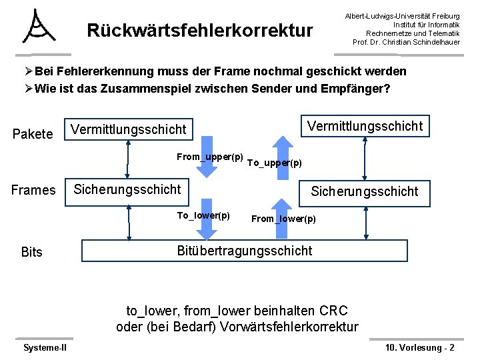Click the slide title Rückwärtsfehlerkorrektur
point(200,31)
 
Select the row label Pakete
point(33,135)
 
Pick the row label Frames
point(33,190)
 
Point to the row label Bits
point(31,252)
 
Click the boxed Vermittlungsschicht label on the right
point(364,125)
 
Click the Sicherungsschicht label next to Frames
point(127,189)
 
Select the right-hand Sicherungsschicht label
point(365,192)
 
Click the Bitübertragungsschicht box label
point(244,251)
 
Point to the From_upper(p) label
point(209,157)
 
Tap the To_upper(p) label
point(274,163)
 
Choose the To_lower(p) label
point(203,215)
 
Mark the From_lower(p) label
point(283,219)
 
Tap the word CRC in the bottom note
point(333,311)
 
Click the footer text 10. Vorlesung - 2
point(420,347)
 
